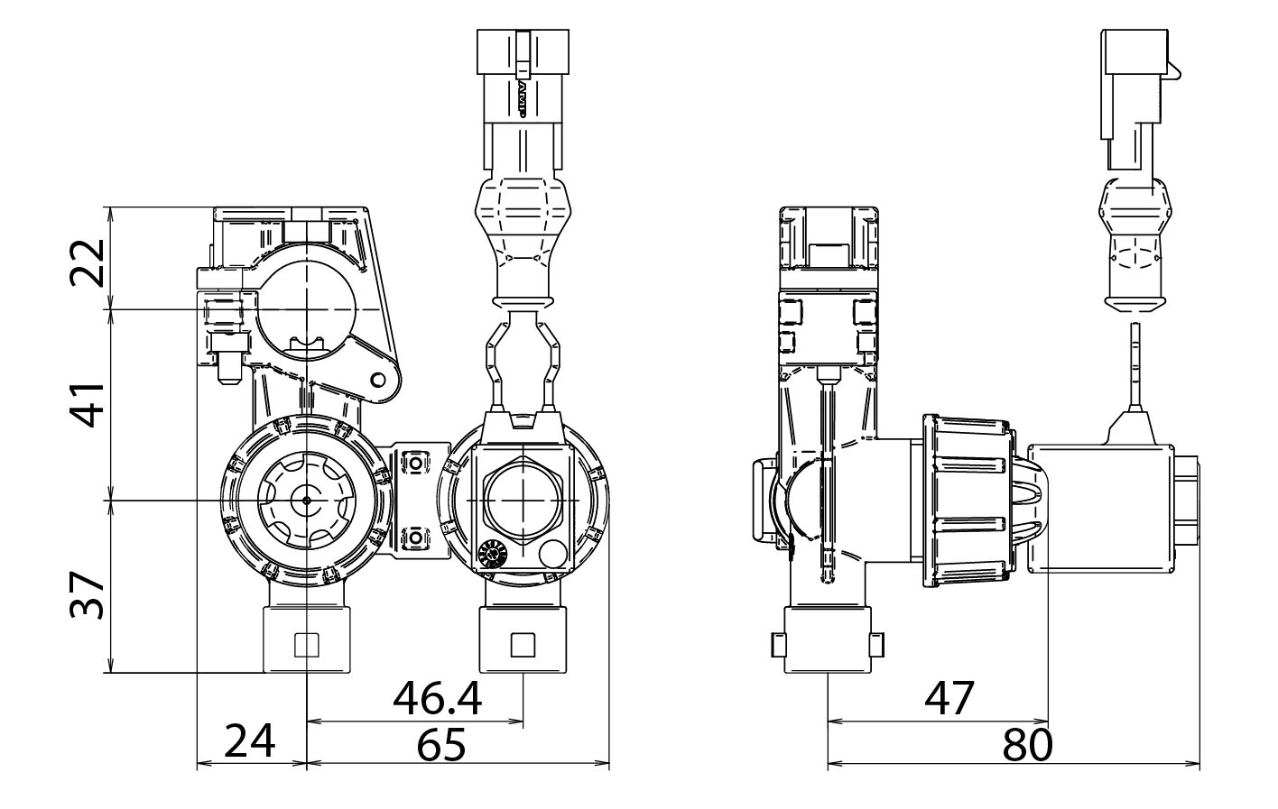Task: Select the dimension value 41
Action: (88, 403)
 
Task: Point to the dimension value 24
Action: (249, 741)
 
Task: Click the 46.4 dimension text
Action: (438, 698)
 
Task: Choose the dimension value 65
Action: (441, 745)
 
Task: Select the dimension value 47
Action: (949, 698)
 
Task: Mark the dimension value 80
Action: (1027, 745)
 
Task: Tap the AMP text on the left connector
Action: (522, 98)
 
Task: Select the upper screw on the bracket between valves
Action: (414, 462)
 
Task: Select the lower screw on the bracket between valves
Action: (414, 538)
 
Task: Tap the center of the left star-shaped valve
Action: (307, 500)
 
